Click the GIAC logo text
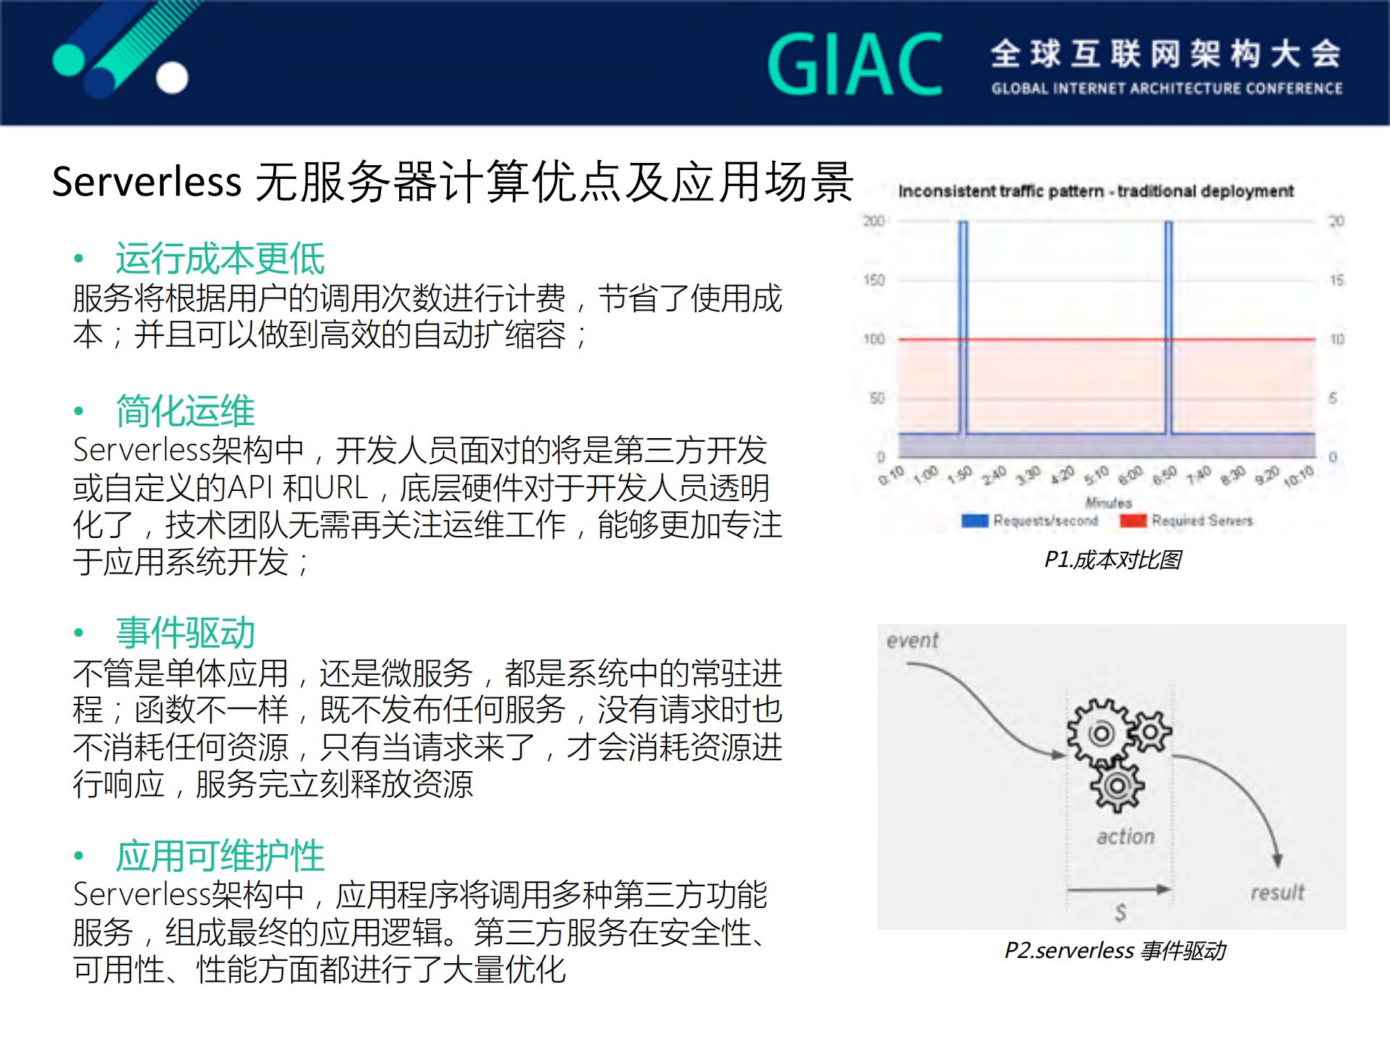click(x=855, y=64)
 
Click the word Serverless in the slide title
click(x=146, y=181)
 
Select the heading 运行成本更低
click(x=220, y=259)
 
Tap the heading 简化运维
click(x=185, y=411)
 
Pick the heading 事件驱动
click(x=185, y=633)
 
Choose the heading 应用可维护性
click(x=220, y=856)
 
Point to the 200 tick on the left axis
click(x=874, y=221)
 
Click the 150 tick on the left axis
click(x=874, y=280)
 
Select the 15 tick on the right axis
click(x=1336, y=280)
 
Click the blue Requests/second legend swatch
click(x=975, y=521)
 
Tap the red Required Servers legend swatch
click(x=1133, y=521)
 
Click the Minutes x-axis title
click(x=1108, y=503)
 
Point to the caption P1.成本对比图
click(x=1113, y=560)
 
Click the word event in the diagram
click(x=913, y=641)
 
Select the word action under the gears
click(x=1126, y=837)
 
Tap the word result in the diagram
click(x=1277, y=892)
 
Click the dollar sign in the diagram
click(x=1121, y=912)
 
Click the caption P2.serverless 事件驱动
click(x=1115, y=951)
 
